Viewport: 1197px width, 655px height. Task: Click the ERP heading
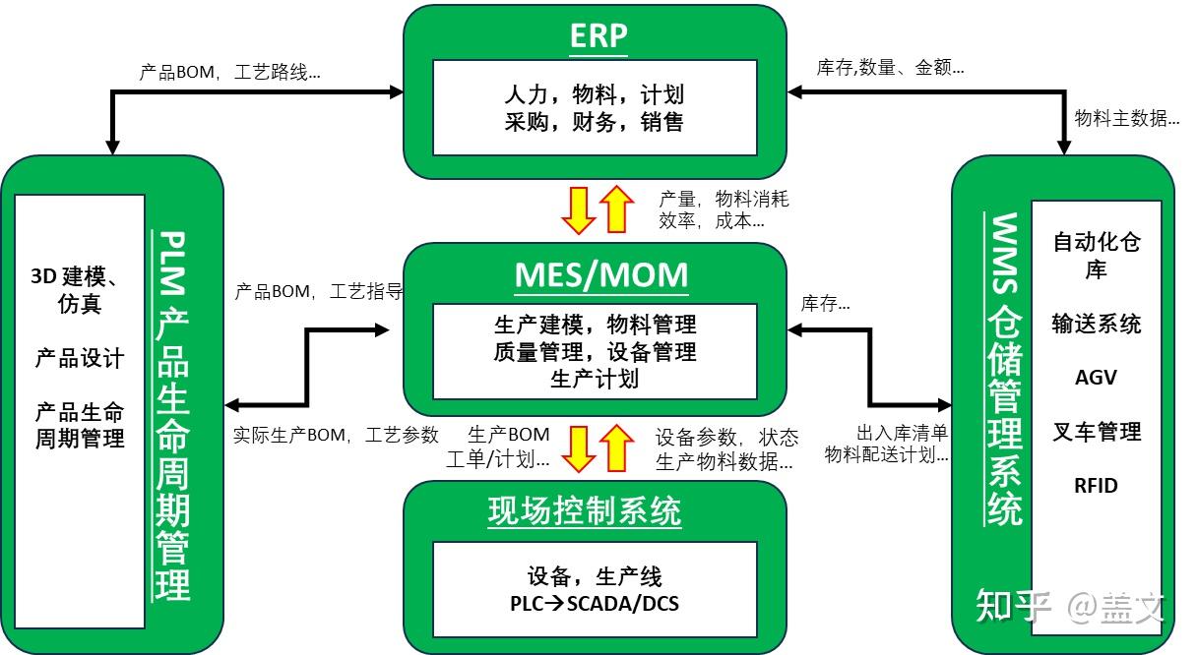(598, 35)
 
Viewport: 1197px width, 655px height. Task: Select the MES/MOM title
(601, 274)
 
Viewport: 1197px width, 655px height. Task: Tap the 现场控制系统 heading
(585, 512)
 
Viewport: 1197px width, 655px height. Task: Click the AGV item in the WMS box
(1096, 378)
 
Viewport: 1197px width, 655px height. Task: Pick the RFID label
(1096, 485)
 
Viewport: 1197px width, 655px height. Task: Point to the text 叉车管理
(1096, 432)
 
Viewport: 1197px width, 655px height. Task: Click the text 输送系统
(1096, 324)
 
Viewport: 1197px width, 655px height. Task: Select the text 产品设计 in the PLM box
(80, 358)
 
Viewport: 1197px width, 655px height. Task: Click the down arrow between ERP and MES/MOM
(578, 208)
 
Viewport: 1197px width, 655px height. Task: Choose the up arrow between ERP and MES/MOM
(617, 208)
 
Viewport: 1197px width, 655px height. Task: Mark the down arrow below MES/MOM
(578, 447)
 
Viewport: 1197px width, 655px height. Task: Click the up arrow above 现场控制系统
(617, 447)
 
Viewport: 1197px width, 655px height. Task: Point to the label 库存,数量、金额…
(890, 68)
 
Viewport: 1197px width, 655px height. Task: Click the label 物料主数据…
(1127, 119)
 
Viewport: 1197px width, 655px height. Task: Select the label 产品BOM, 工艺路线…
(230, 72)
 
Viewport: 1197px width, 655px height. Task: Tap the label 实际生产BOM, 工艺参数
(336, 435)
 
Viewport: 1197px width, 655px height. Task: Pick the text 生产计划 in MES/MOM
(595, 379)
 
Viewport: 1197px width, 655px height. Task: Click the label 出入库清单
(903, 433)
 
